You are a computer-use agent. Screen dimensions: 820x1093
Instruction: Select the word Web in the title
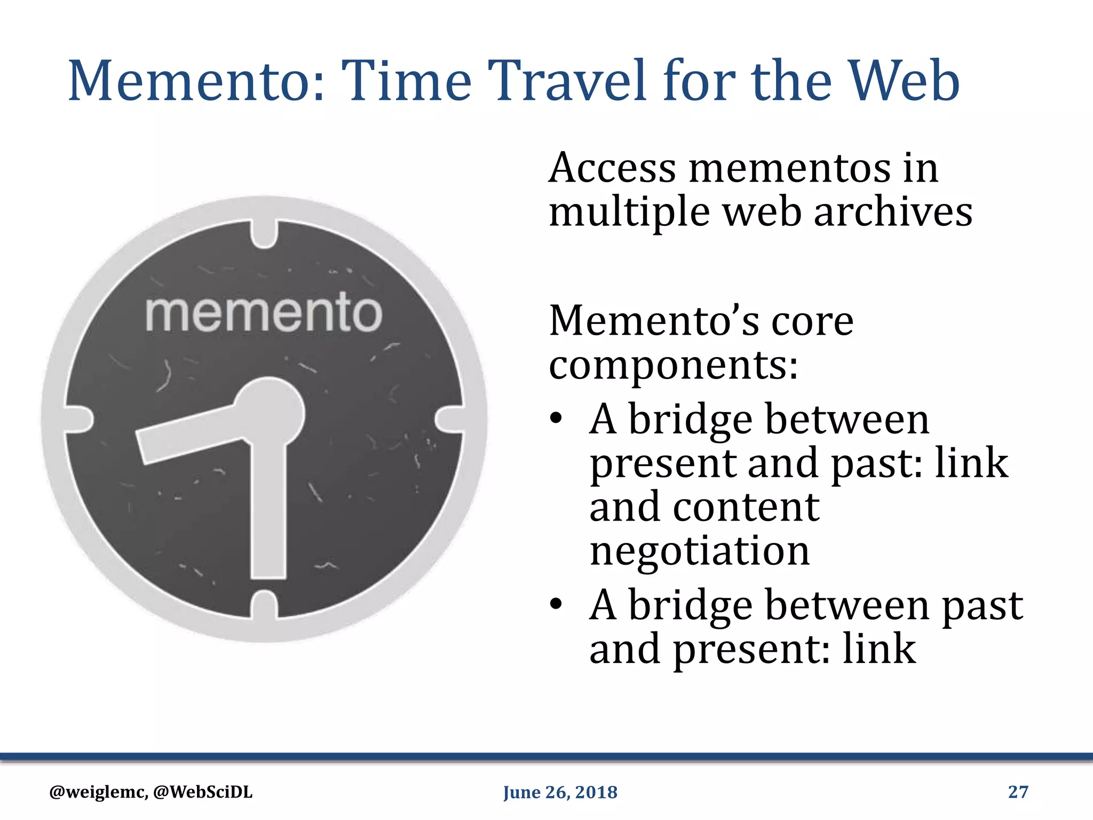pos(904,81)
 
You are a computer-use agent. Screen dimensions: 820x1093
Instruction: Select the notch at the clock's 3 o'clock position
pos(450,419)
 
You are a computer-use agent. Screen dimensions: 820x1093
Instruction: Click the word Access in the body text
pos(612,169)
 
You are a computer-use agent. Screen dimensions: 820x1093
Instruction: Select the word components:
pos(674,366)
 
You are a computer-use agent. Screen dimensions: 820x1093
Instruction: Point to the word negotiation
pos(700,551)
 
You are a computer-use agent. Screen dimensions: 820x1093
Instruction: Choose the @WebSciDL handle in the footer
pos(203,792)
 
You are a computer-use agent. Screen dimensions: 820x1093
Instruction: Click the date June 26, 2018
pos(560,792)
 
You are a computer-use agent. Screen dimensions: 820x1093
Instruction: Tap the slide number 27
pos(1018,792)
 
